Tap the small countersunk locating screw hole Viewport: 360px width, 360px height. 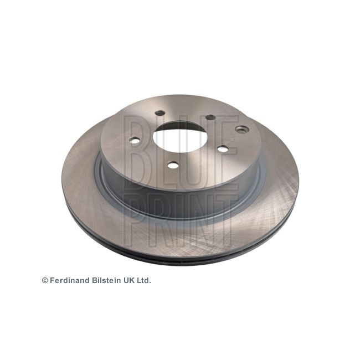(x=242, y=130)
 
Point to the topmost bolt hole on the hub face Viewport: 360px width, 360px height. (x=160, y=113)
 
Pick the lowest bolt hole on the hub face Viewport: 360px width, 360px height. (x=173, y=165)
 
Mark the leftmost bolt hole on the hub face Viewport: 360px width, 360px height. (x=135, y=141)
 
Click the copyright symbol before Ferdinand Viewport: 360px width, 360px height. (x=45, y=280)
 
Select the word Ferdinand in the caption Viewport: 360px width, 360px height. (x=70, y=280)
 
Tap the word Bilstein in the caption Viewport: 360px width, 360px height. (x=107, y=280)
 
